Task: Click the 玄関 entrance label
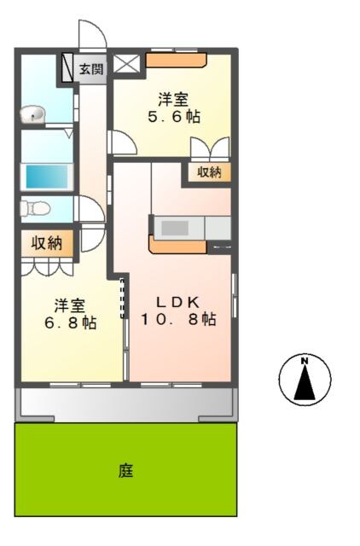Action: click(x=91, y=69)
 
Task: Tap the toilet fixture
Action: click(x=35, y=209)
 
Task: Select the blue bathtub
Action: click(x=47, y=177)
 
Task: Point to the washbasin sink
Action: click(x=32, y=114)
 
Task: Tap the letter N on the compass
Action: click(x=305, y=361)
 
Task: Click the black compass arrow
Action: click(x=305, y=382)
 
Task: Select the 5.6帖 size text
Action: click(x=174, y=116)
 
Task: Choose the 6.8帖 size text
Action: click(x=71, y=322)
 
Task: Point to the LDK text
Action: click(x=178, y=302)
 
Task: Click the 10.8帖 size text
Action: click(x=178, y=319)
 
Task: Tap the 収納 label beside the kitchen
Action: click(x=210, y=172)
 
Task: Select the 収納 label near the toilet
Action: click(x=47, y=242)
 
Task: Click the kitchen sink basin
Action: click(x=175, y=228)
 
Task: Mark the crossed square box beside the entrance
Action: click(x=126, y=64)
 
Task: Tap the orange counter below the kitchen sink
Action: click(x=177, y=246)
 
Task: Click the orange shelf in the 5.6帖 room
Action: click(x=177, y=60)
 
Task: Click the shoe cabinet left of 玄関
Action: click(x=67, y=67)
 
